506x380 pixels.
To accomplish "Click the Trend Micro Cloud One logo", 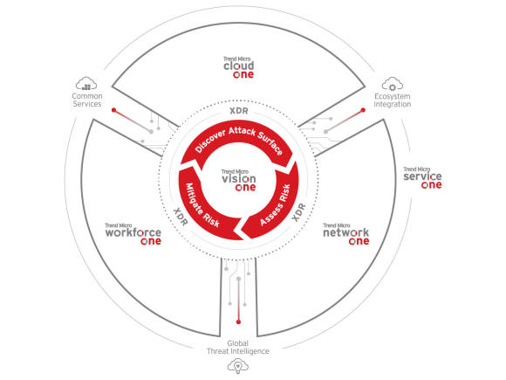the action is [239, 67].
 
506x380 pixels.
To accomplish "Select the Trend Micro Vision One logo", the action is [239, 180].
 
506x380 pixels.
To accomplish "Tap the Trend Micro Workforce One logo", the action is [133, 234].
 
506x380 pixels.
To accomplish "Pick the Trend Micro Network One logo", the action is [346, 234].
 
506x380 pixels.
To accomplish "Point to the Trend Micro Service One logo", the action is [423, 178].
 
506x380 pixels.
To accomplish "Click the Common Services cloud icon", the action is [86, 84].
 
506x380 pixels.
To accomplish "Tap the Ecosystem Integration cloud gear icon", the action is [393, 84].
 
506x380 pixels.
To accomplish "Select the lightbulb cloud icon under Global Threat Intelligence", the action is [238, 366].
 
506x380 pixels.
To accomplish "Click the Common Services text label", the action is [87, 100].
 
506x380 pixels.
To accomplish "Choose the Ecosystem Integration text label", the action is [393, 100].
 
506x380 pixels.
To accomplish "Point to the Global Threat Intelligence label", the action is [238, 348].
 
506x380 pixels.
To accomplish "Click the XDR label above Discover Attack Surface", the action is [239, 111].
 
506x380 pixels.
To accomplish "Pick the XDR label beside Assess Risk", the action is [298, 212].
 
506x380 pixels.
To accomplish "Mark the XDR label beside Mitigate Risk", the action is [181, 217].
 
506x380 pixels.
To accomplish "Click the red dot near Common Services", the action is [113, 110].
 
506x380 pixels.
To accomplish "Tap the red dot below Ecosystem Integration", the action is [363, 110].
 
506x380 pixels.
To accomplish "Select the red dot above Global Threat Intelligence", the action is [238, 321].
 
